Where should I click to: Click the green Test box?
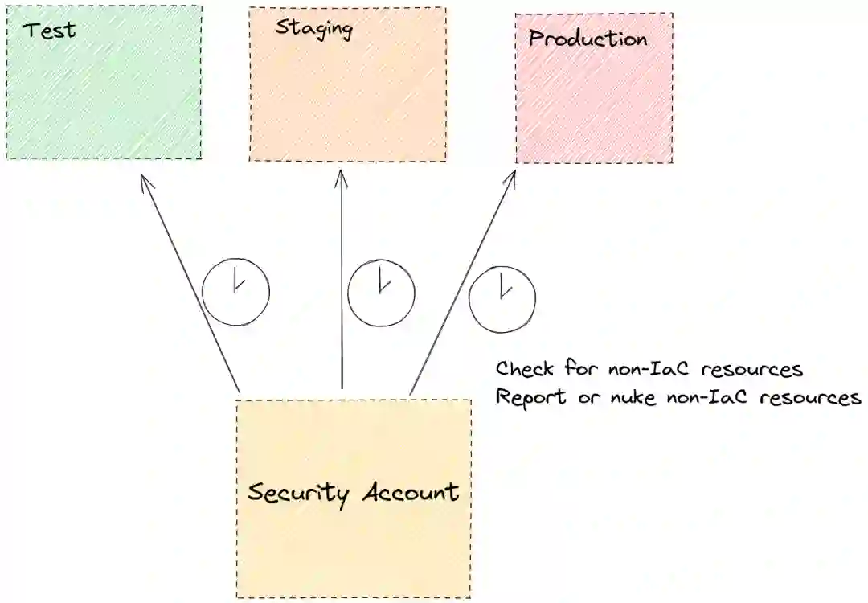pos(104,88)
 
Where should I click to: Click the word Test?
pos(49,31)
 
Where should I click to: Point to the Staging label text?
pos(314,28)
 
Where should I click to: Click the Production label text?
pos(588,39)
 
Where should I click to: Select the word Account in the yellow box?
pos(410,491)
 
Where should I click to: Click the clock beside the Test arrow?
pos(235,291)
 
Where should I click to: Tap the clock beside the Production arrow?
pos(502,299)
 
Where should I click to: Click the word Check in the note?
pos(525,369)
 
